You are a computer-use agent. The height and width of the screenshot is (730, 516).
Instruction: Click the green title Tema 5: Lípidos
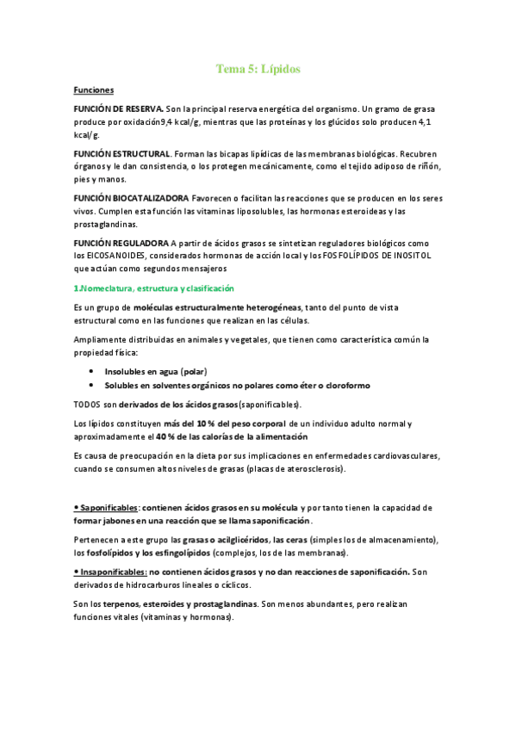point(258,69)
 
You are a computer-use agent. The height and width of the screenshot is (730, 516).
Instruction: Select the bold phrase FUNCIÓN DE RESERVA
point(118,109)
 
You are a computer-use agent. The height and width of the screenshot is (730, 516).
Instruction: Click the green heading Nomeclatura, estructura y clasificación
point(156,288)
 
